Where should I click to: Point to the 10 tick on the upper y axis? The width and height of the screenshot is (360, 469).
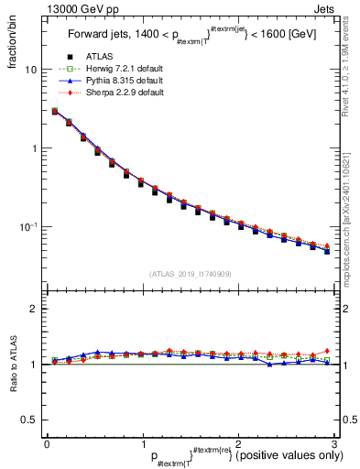pos(32,70)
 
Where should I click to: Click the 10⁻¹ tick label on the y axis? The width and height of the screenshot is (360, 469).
pos(29,225)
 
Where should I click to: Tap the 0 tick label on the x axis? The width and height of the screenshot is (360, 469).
pos(47,443)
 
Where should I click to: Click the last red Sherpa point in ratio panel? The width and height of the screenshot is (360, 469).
pos(327,351)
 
